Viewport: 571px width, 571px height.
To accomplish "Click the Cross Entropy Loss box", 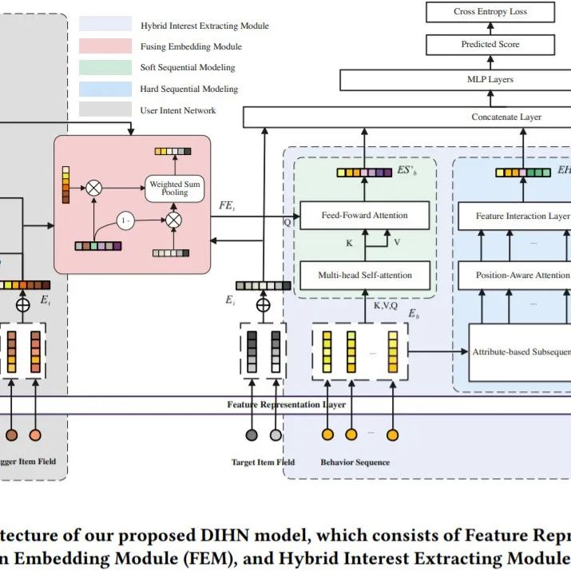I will click(490, 12).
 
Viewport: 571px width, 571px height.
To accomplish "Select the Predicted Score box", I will click(490, 46).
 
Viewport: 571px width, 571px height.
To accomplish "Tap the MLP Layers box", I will click(490, 80).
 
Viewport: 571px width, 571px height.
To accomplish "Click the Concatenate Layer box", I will click(506, 117).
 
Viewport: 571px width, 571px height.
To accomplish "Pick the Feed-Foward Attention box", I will click(364, 216).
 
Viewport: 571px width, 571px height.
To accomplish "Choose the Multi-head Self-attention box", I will click(364, 276).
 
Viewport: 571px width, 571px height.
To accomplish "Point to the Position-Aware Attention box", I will click(516, 276).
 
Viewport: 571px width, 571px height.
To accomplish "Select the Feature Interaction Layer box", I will click(516, 216).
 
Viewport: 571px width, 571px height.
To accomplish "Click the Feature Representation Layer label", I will click(286, 405).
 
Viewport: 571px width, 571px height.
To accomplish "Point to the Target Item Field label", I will click(263, 462).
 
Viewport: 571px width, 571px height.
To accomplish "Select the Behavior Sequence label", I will click(355, 462).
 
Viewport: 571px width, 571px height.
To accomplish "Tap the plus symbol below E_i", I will click(263, 304).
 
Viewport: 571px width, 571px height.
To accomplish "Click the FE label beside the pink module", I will click(227, 205).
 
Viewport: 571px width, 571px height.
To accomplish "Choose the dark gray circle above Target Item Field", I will click(252, 435).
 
